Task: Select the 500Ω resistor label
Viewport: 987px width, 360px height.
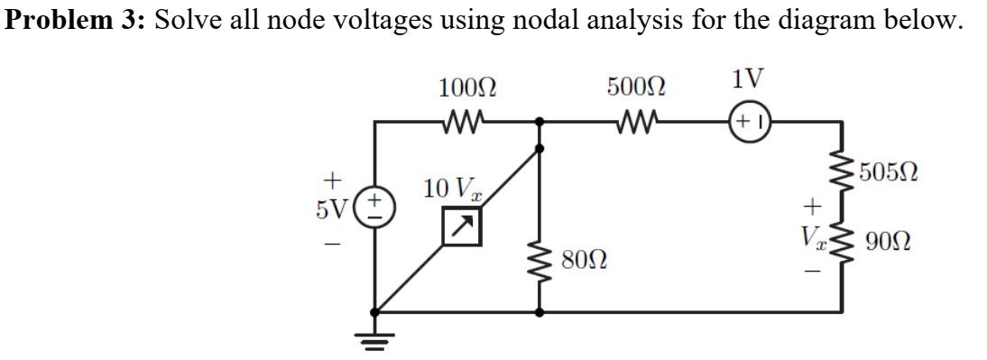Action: (x=637, y=88)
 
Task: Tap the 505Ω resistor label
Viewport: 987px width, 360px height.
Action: (x=889, y=171)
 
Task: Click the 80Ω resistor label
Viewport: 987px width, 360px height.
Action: (x=583, y=263)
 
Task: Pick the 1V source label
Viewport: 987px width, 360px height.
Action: (x=749, y=79)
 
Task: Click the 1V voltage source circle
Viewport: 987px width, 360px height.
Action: (x=749, y=120)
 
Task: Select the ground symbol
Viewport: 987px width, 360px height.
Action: (x=374, y=340)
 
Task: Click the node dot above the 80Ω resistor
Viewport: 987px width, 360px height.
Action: (x=540, y=120)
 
